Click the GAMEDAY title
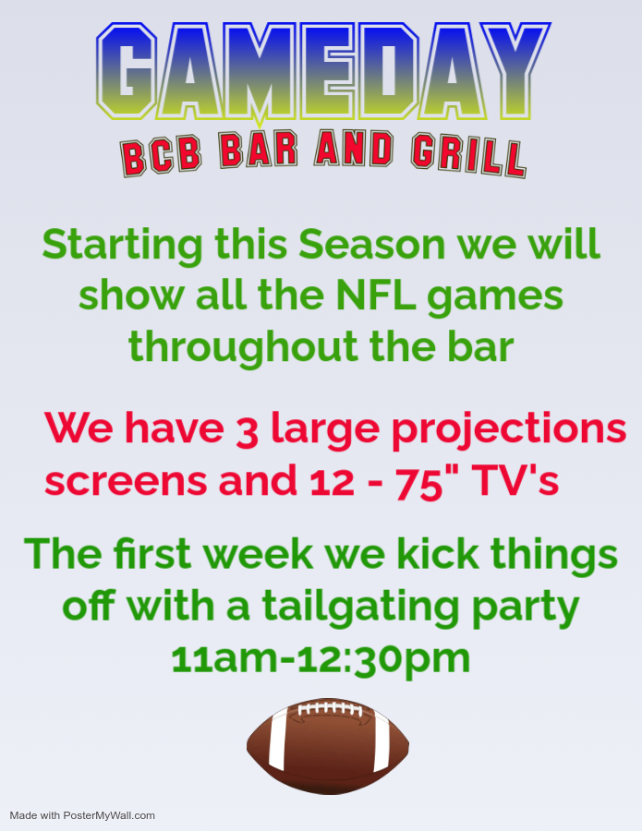point(323,71)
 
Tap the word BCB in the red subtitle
point(161,157)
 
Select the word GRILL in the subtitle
point(468,156)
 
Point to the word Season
point(371,245)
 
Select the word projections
point(509,430)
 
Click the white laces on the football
point(330,709)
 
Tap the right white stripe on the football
point(382,741)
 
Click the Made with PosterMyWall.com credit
point(82,815)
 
